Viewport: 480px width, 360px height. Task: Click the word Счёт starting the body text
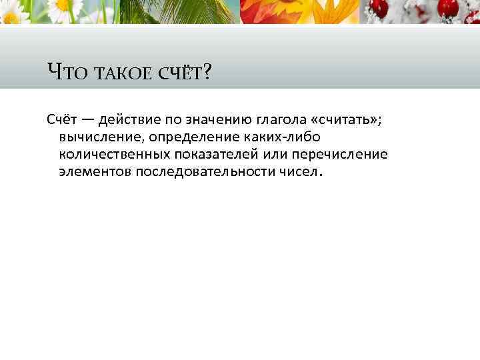click(62, 119)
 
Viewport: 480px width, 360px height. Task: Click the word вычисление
click(100, 137)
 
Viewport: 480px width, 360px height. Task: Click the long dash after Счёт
click(88, 120)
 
